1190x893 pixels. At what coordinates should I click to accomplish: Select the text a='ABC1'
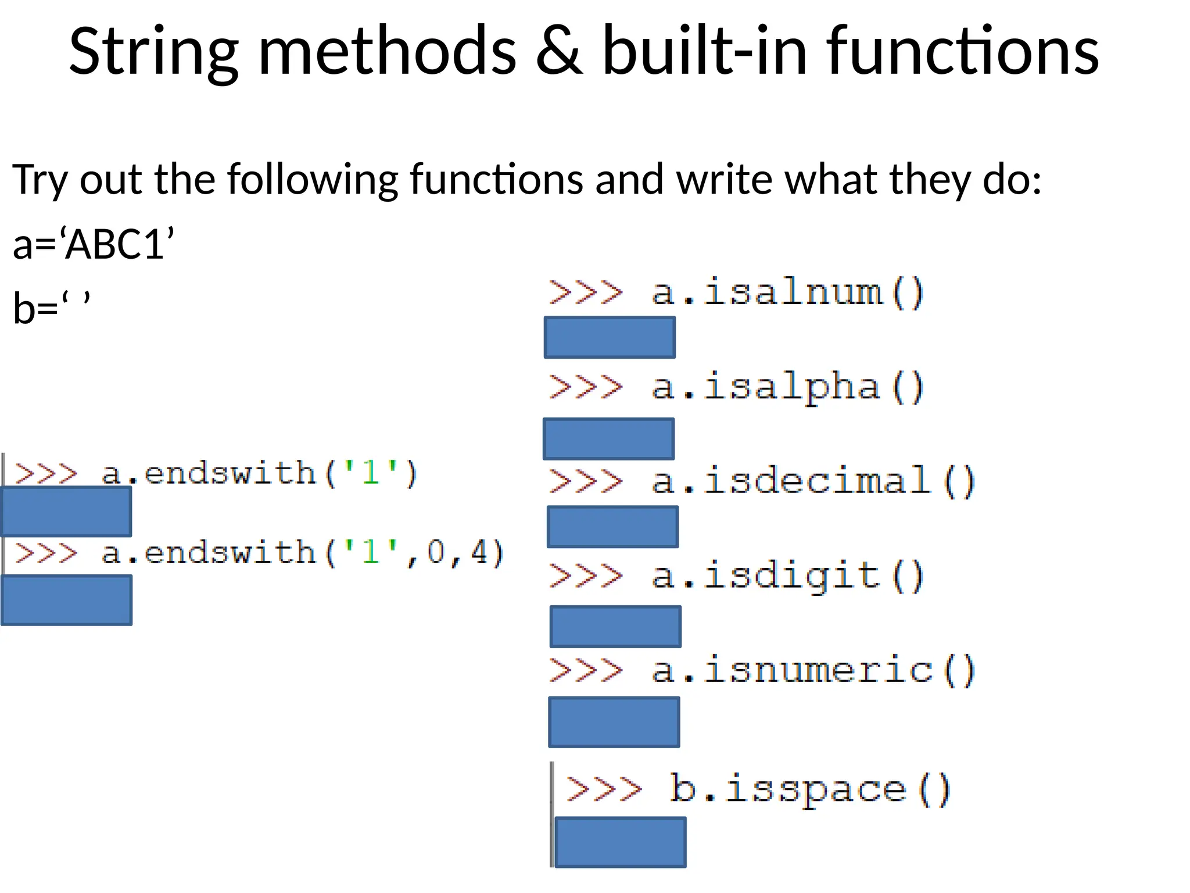coord(93,244)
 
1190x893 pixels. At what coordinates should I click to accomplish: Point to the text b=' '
coord(52,307)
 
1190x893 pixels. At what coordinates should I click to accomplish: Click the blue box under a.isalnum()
coord(610,337)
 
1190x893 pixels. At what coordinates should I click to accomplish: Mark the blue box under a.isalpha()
coord(608,438)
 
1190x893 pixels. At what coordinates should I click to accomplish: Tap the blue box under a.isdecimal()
coord(612,527)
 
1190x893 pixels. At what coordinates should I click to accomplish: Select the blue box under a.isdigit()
coord(615,626)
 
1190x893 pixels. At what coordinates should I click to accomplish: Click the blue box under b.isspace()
coord(621,842)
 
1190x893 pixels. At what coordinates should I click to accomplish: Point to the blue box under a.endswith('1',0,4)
coord(67,600)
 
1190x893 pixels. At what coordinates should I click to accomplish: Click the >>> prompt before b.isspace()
coord(604,790)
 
